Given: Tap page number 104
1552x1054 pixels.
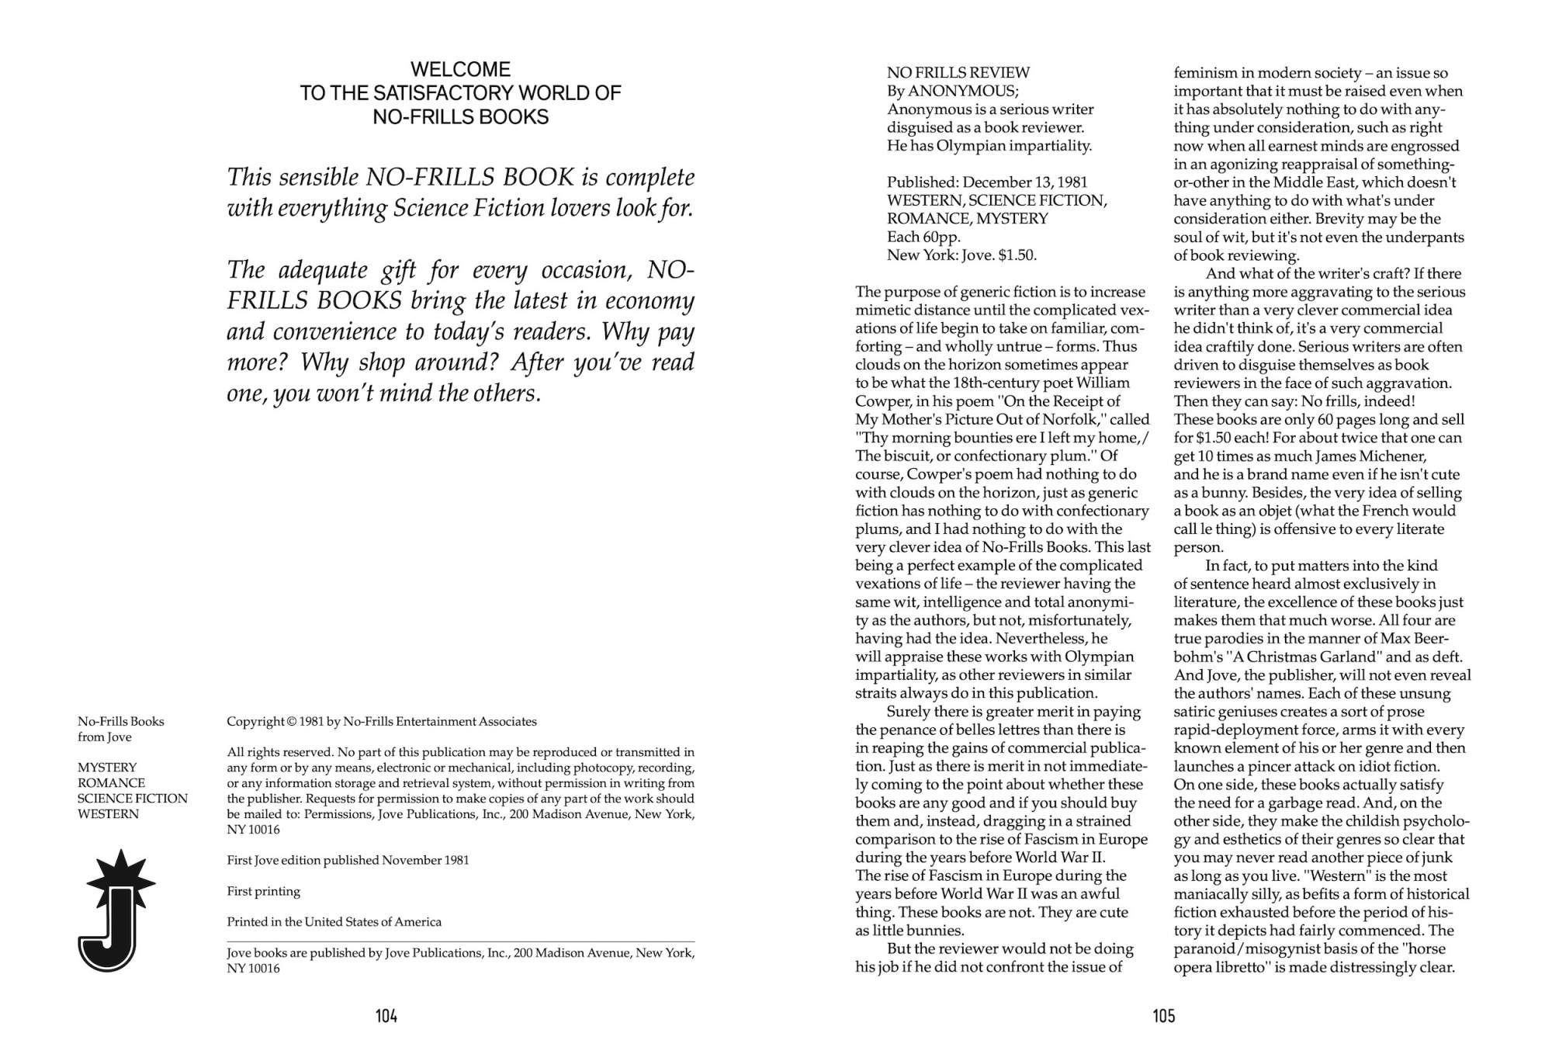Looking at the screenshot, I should pyautogui.click(x=386, y=1016).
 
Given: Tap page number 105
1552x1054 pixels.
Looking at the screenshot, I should pyautogui.click(x=1164, y=1016).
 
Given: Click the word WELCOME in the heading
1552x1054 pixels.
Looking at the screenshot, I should pyautogui.click(x=460, y=69).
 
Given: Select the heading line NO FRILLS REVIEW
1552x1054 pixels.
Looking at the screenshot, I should pyautogui.click(x=958, y=73).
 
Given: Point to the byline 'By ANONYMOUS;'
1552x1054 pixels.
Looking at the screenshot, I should pyautogui.click(x=952, y=91).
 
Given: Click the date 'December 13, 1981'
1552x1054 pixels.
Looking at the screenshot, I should pyautogui.click(x=1025, y=182).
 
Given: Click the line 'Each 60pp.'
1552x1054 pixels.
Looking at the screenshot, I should pyautogui.click(x=923, y=237).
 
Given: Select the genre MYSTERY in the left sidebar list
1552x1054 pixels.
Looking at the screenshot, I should pyautogui.click(x=107, y=768).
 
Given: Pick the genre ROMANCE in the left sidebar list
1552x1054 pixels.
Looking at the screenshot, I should pyautogui.click(x=111, y=783).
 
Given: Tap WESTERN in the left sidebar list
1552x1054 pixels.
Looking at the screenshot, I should pyautogui.click(x=108, y=814).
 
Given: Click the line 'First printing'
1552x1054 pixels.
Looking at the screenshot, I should pyautogui.click(x=263, y=891).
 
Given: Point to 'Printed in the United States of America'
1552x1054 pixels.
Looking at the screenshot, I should pyautogui.click(x=334, y=922).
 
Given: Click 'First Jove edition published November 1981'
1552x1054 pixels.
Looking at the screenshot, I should pyautogui.click(x=348, y=860).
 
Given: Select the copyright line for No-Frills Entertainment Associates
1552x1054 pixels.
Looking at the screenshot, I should pyautogui.click(x=381, y=722).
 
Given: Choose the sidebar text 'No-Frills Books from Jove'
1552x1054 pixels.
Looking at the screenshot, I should pyautogui.click(x=120, y=729).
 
